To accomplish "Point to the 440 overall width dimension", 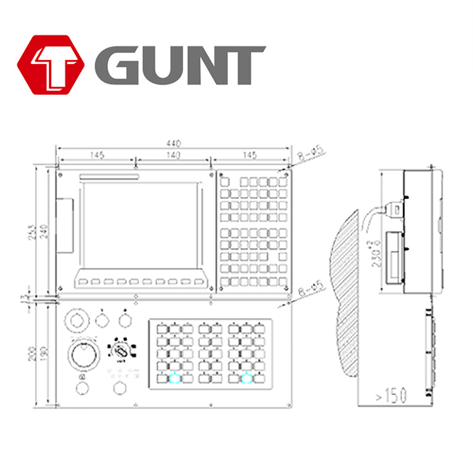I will tap(173, 143).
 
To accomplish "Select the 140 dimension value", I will tap(173, 155).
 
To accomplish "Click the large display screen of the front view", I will tap(138, 225).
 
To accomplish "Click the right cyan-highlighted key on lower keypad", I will tap(245, 378).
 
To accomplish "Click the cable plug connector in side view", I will tap(394, 210).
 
